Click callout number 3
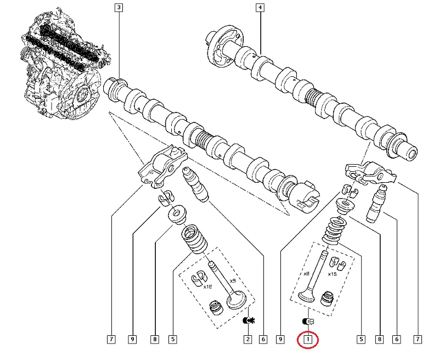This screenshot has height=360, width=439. [x=119, y=8]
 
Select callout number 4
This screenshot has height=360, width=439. [x=260, y=8]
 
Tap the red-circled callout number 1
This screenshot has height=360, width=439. [x=308, y=340]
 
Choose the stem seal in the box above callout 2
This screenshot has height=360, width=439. [x=216, y=306]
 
